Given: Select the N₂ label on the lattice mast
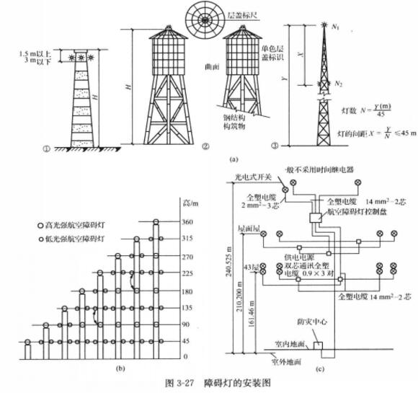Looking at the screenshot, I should (338, 84).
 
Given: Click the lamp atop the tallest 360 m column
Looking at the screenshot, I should (154, 221).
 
